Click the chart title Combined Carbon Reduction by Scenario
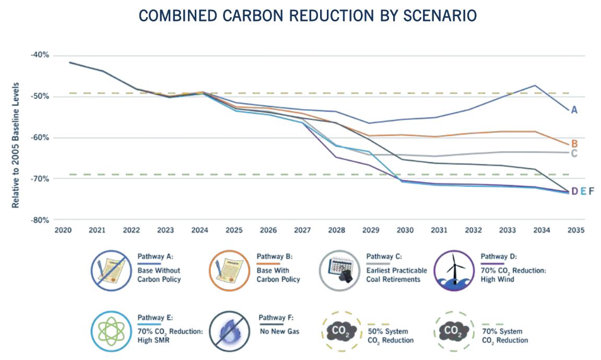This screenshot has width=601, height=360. point(307,16)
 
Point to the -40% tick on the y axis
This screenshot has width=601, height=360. point(41,55)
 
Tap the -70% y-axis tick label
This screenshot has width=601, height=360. point(41,179)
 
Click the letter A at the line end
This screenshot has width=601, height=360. point(574,110)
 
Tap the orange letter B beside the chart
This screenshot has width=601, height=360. point(574,143)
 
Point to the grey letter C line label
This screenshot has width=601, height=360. point(574,153)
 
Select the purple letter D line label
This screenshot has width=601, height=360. point(574,191)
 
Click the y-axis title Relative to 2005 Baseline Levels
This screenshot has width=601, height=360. point(16,145)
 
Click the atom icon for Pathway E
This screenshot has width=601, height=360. point(111,331)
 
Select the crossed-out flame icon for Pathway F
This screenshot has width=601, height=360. point(230,331)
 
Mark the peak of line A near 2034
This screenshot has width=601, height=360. point(535,85)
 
